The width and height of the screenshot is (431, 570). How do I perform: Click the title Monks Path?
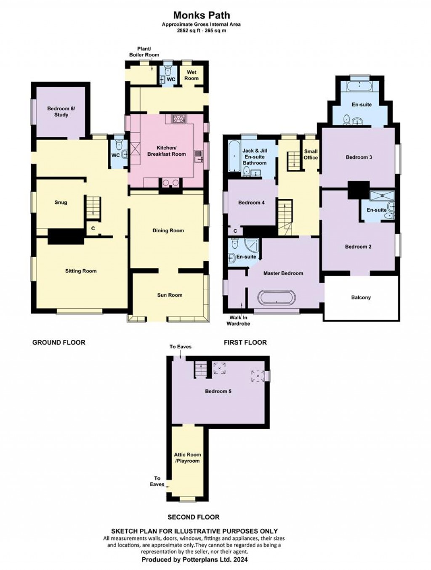(202, 16)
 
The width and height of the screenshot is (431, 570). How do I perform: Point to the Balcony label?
(361, 297)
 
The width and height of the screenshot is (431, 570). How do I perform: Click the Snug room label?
(61, 202)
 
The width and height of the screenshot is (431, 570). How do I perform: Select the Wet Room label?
(191, 75)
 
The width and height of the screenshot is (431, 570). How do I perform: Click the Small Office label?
(311, 154)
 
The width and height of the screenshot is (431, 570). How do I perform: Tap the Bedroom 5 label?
(218, 391)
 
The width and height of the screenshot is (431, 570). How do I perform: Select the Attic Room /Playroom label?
(187, 458)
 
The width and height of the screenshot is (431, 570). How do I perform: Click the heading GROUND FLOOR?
(59, 342)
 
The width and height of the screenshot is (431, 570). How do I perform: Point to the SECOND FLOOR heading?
(193, 517)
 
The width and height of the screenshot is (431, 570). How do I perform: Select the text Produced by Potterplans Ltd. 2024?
(194, 560)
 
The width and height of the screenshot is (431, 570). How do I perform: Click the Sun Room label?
(170, 295)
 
